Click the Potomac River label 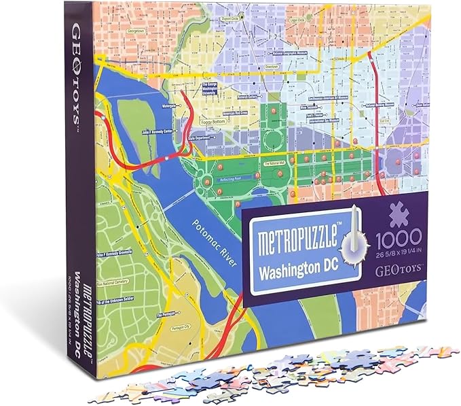tap(213, 244)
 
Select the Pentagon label tap(167, 315)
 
